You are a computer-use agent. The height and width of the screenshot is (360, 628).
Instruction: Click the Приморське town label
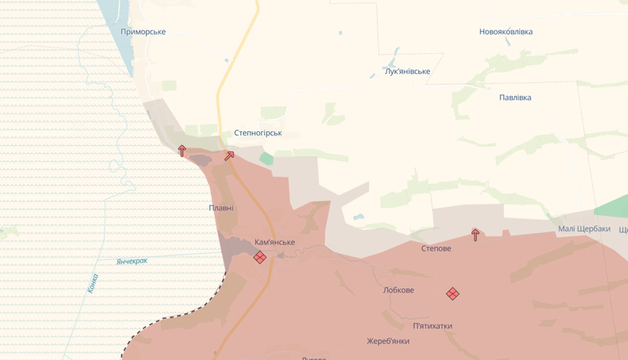click(x=143, y=32)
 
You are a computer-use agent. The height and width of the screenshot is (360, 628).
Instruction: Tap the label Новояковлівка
click(x=506, y=32)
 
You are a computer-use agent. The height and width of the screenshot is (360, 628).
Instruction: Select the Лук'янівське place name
click(x=407, y=72)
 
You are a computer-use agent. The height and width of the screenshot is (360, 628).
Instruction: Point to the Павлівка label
click(x=515, y=97)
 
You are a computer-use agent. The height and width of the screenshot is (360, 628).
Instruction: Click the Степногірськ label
click(x=258, y=133)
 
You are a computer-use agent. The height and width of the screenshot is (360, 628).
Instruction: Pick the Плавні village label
click(x=221, y=208)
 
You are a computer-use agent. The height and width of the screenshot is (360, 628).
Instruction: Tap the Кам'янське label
click(x=275, y=242)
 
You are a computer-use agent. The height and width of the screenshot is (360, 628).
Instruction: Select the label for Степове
click(x=436, y=249)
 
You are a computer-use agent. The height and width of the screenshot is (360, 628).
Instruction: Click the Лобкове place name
click(x=399, y=290)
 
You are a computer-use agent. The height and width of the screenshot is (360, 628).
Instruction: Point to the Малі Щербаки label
click(x=584, y=230)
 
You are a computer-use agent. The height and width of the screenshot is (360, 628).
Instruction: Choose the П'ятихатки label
click(x=432, y=326)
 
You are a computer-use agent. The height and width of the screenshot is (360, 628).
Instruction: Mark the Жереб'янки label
click(x=388, y=341)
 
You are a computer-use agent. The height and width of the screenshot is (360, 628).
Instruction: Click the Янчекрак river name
click(x=132, y=262)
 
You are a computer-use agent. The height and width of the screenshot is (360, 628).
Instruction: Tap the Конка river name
click(x=93, y=283)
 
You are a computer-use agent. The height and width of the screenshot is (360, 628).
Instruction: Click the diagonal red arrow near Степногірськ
click(x=229, y=155)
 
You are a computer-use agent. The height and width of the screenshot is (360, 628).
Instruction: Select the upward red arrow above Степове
click(x=476, y=234)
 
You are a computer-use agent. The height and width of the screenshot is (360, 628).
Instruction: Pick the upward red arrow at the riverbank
click(x=182, y=150)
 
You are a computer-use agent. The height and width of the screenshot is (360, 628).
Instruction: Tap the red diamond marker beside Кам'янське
click(x=259, y=258)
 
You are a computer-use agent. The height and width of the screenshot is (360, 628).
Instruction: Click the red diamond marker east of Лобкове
click(x=452, y=294)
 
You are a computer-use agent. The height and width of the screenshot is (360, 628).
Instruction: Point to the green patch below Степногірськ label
click(x=266, y=159)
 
